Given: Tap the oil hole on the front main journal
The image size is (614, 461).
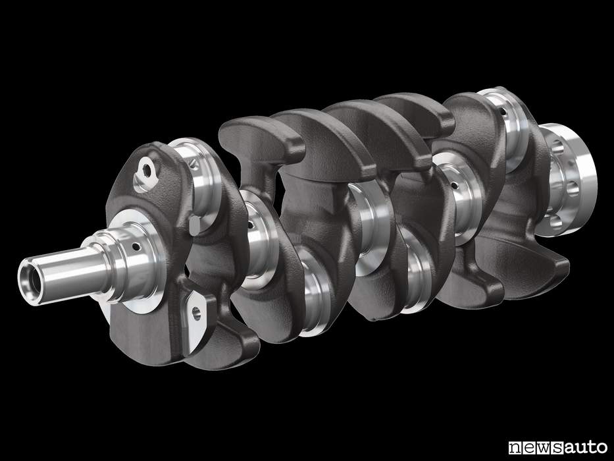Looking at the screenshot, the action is pos(136,246).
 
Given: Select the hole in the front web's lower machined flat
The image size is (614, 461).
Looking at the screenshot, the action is pos(196,313).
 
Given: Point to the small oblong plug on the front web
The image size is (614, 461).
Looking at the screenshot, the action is pos(195,226).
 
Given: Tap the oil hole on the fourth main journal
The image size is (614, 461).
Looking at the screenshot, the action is pos(454,184).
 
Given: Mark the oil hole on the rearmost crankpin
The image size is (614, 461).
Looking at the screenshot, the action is pos(503,113).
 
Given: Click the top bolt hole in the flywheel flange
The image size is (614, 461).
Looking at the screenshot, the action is pos(557,148).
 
